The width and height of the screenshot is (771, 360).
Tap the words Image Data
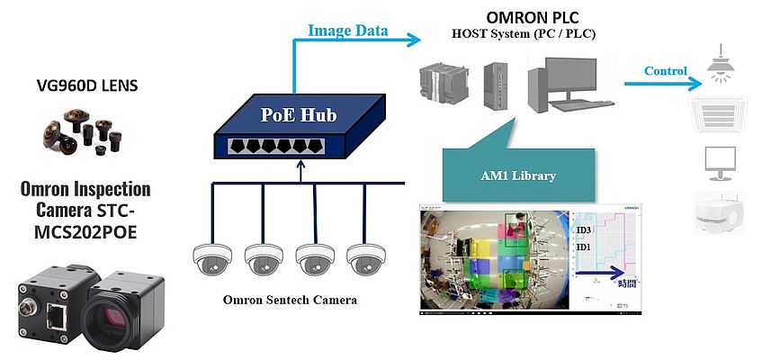point(347,31)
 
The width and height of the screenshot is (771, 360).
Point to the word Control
point(666,70)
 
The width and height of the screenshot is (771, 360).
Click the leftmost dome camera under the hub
point(212,260)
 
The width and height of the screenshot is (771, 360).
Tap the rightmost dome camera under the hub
point(367,260)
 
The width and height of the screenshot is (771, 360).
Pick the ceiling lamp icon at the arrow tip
point(723,62)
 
